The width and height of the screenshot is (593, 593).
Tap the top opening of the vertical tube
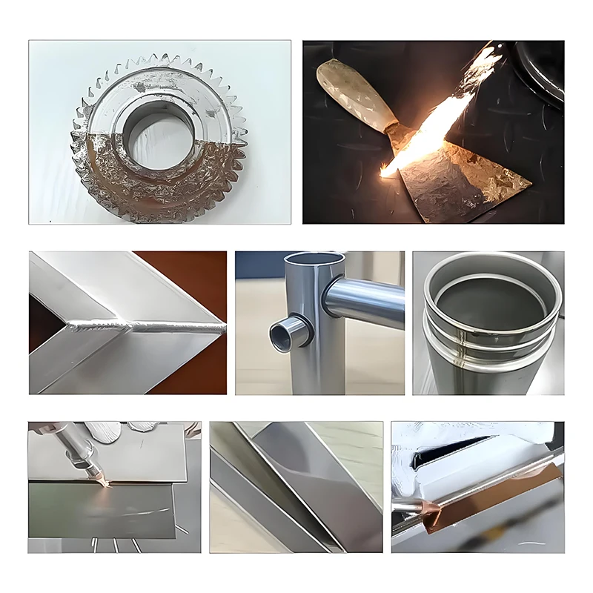click(x=316, y=261)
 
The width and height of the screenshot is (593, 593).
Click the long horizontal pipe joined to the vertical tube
click(x=367, y=300)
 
